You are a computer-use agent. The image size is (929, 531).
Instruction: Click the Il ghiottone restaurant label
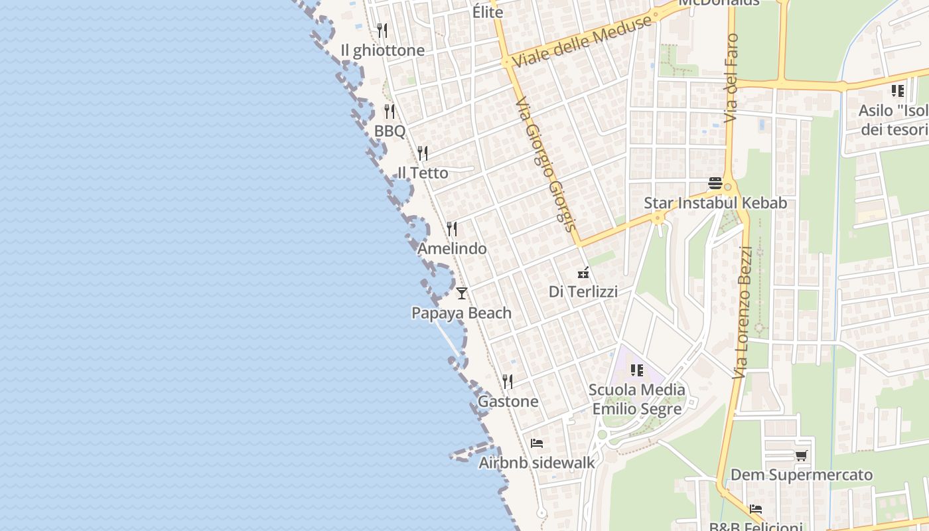[382, 50]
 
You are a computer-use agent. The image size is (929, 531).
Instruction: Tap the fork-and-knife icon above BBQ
[390, 112]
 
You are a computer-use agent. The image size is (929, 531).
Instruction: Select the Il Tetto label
[423, 173]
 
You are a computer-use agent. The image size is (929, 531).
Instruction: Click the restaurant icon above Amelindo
[452, 229]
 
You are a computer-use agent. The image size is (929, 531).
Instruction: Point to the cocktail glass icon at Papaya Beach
[462, 293]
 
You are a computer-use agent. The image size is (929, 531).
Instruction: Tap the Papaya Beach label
[461, 313]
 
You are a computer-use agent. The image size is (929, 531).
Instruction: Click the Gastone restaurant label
[508, 402]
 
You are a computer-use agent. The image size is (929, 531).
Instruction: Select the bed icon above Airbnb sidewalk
[537, 443]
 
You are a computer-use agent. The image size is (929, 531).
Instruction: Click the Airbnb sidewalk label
[537, 463]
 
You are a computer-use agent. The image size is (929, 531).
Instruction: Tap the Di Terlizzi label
[583, 291]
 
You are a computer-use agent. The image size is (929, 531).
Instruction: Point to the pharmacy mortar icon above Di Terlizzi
[583, 272]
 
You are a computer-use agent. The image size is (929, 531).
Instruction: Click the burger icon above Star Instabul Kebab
[715, 183]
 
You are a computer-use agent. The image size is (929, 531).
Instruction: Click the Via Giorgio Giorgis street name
[543, 163]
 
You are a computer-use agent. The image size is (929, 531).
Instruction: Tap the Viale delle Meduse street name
[582, 41]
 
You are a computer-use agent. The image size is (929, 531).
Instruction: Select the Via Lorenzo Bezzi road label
[743, 312]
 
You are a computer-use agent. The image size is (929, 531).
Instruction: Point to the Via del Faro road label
[731, 78]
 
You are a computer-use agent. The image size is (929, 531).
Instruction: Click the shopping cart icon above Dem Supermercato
[801, 455]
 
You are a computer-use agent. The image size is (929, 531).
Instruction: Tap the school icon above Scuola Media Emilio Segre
[637, 370]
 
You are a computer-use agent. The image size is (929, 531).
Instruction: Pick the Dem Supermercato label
[801, 475]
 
